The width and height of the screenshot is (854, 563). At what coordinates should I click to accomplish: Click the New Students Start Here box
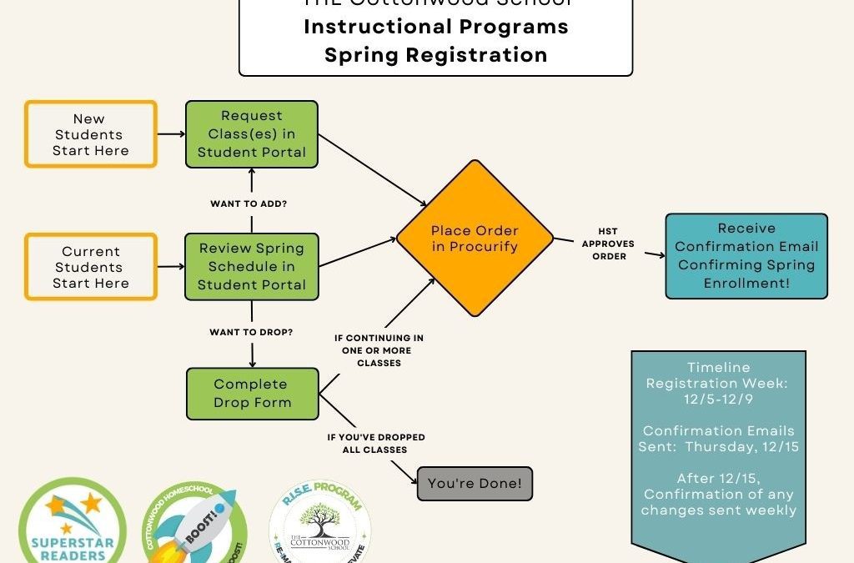pos(91,134)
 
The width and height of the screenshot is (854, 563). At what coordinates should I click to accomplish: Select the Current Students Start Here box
pos(91,267)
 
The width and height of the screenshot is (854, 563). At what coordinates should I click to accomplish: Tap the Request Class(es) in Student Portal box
pos(251,134)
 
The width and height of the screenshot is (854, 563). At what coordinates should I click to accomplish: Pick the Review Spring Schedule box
pos(251,267)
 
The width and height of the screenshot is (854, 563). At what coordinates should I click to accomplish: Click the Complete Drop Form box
pos(251,393)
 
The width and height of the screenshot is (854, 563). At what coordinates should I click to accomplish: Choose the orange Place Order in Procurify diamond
pos(475,239)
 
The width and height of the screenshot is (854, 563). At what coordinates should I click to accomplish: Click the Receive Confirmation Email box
pos(746,255)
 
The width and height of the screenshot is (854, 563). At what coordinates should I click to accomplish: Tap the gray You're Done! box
pos(474,484)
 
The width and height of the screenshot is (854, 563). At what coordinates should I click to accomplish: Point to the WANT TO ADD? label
pos(251,203)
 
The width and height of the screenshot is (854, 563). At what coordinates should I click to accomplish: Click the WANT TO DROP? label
pos(251,332)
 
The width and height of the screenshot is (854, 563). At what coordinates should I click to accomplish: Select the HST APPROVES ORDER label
pos(609,244)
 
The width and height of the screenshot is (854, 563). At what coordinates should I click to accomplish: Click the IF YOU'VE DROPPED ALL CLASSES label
pos(375,444)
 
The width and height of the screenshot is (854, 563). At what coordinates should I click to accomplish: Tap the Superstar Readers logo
pos(73,525)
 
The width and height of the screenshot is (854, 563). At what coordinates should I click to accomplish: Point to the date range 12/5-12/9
pos(718,399)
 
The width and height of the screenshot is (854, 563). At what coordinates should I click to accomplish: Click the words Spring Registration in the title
pos(435,55)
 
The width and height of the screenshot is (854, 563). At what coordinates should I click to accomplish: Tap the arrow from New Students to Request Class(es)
pos(170,133)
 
